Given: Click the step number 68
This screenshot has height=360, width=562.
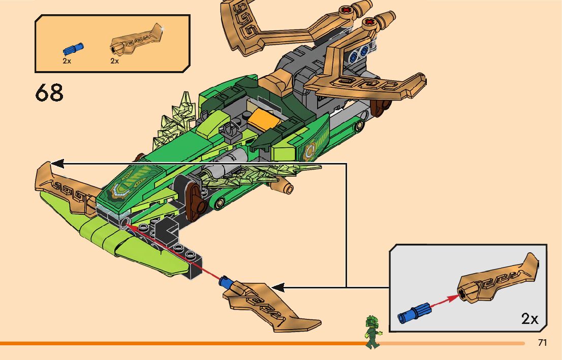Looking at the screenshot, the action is [x=49, y=93].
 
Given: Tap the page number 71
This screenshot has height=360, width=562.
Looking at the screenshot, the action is [x=542, y=343].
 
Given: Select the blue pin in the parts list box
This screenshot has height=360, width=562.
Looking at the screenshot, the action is [x=73, y=49].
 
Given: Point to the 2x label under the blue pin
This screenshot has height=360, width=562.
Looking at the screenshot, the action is [x=67, y=61].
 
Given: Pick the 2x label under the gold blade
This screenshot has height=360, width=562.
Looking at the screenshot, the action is [x=114, y=61].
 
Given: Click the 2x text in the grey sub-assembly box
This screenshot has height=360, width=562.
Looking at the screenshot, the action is [x=529, y=319].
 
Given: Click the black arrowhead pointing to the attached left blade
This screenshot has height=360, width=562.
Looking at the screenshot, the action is [x=57, y=163].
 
